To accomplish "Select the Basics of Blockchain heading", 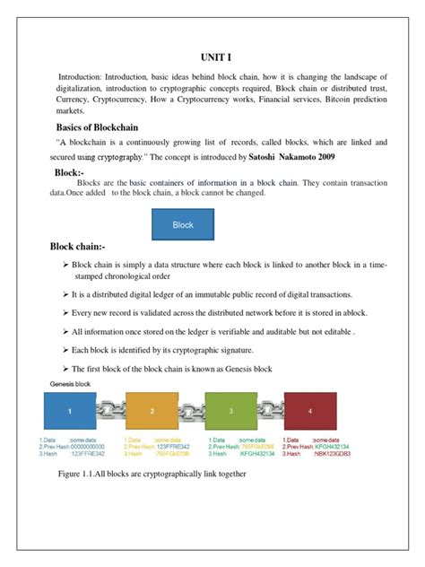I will tap(102, 127).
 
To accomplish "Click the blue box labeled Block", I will tap(183, 224).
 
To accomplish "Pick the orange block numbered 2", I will tap(152, 410).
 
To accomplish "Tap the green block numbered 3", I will tap(231, 410).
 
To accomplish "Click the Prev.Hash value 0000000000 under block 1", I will tap(88, 447).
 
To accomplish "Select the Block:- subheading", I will tap(69, 172).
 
